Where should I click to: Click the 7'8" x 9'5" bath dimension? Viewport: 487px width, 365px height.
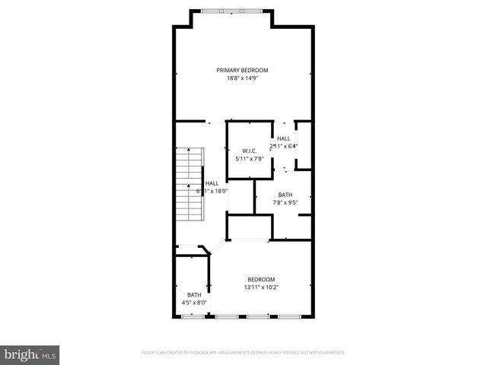point(285,203)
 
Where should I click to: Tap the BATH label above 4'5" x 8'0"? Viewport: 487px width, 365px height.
point(194,295)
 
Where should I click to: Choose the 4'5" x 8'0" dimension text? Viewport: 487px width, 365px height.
point(194,303)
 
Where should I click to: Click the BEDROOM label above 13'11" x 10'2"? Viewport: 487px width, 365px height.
point(261,280)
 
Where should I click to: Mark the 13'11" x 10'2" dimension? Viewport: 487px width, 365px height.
point(261,287)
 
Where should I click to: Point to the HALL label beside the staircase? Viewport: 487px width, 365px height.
point(212,183)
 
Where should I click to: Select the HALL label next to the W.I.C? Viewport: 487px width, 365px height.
point(284,138)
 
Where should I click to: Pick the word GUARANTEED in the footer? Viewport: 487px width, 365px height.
point(329,353)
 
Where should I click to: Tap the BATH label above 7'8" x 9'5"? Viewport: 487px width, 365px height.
point(285,195)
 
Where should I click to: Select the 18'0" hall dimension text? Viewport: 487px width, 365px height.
point(220,191)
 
